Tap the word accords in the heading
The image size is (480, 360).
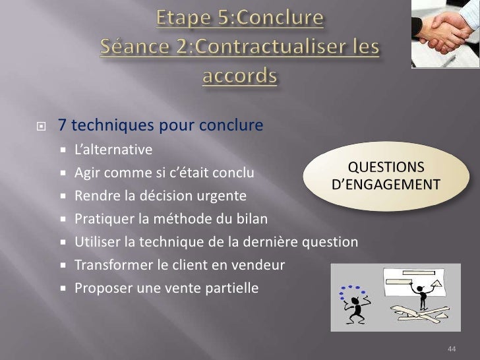(x=239, y=76)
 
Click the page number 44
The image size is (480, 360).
(x=452, y=348)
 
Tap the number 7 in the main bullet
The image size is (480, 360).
(x=61, y=125)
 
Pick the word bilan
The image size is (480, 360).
(x=253, y=219)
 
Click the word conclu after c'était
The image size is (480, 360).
(x=233, y=173)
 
